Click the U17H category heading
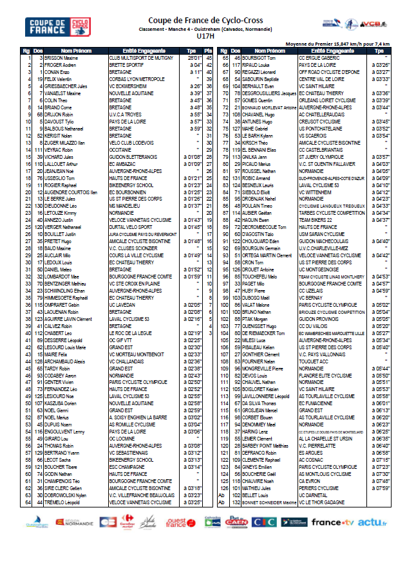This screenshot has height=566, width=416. tap(208, 37)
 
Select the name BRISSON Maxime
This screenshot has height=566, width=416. tap(62, 58)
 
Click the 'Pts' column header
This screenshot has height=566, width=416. tap(208, 51)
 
